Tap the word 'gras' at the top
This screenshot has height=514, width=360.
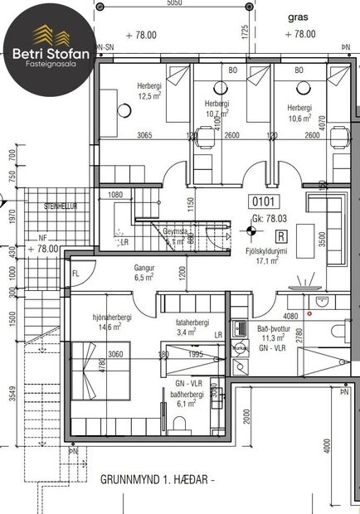(299, 16)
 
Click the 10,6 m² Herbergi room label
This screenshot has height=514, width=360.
(299, 112)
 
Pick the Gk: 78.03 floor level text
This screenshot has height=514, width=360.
(267, 218)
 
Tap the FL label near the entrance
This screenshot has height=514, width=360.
(75, 273)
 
